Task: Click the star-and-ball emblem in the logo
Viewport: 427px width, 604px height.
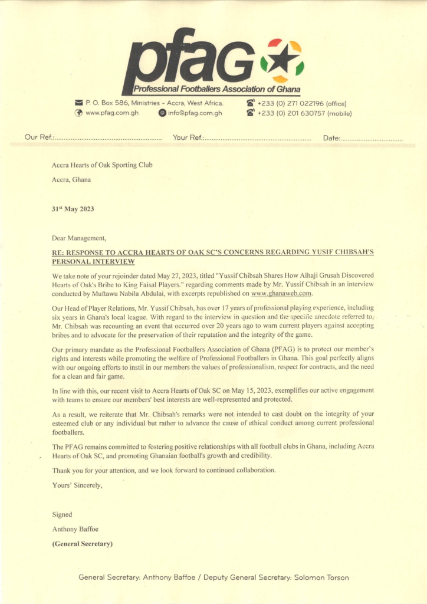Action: (x=282, y=61)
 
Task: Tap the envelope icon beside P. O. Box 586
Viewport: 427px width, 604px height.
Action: (x=78, y=104)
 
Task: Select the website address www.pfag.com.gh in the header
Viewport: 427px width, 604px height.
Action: (x=112, y=113)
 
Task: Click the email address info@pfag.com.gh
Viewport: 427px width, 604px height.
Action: (x=195, y=113)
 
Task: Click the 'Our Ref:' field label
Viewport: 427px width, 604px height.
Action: (x=39, y=137)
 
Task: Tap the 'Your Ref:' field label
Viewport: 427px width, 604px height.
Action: (x=188, y=137)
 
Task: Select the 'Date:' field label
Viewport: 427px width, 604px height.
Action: (x=331, y=138)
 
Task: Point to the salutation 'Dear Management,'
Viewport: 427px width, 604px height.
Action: (x=79, y=238)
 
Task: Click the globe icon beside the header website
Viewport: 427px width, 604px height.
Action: (x=78, y=113)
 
